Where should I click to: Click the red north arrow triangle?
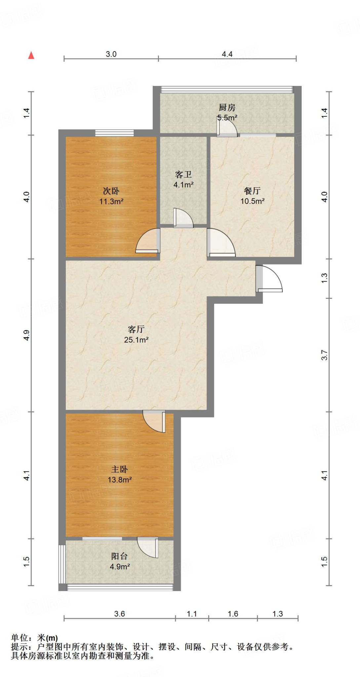click(x=31, y=55)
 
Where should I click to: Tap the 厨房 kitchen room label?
click(x=227, y=107)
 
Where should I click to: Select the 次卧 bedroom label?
click(x=111, y=191)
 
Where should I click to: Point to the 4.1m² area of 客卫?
click(x=183, y=185)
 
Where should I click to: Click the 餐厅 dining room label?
click(x=252, y=191)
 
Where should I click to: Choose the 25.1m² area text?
click(x=136, y=339)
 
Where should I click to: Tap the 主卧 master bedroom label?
click(x=119, y=469)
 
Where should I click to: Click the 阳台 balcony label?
click(x=119, y=556)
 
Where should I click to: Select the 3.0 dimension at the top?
click(x=111, y=54)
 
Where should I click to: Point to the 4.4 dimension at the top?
click(x=227, y=54)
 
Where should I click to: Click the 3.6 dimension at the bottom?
click(x=119, y=614)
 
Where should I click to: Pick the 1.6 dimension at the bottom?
click(x=233, y=614)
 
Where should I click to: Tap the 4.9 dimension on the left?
click(x=26, y=335)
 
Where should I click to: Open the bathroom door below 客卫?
click(x=183, y=219)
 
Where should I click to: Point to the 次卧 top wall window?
click(x=115, y=133)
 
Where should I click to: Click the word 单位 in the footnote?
click(x=20, y=638)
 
